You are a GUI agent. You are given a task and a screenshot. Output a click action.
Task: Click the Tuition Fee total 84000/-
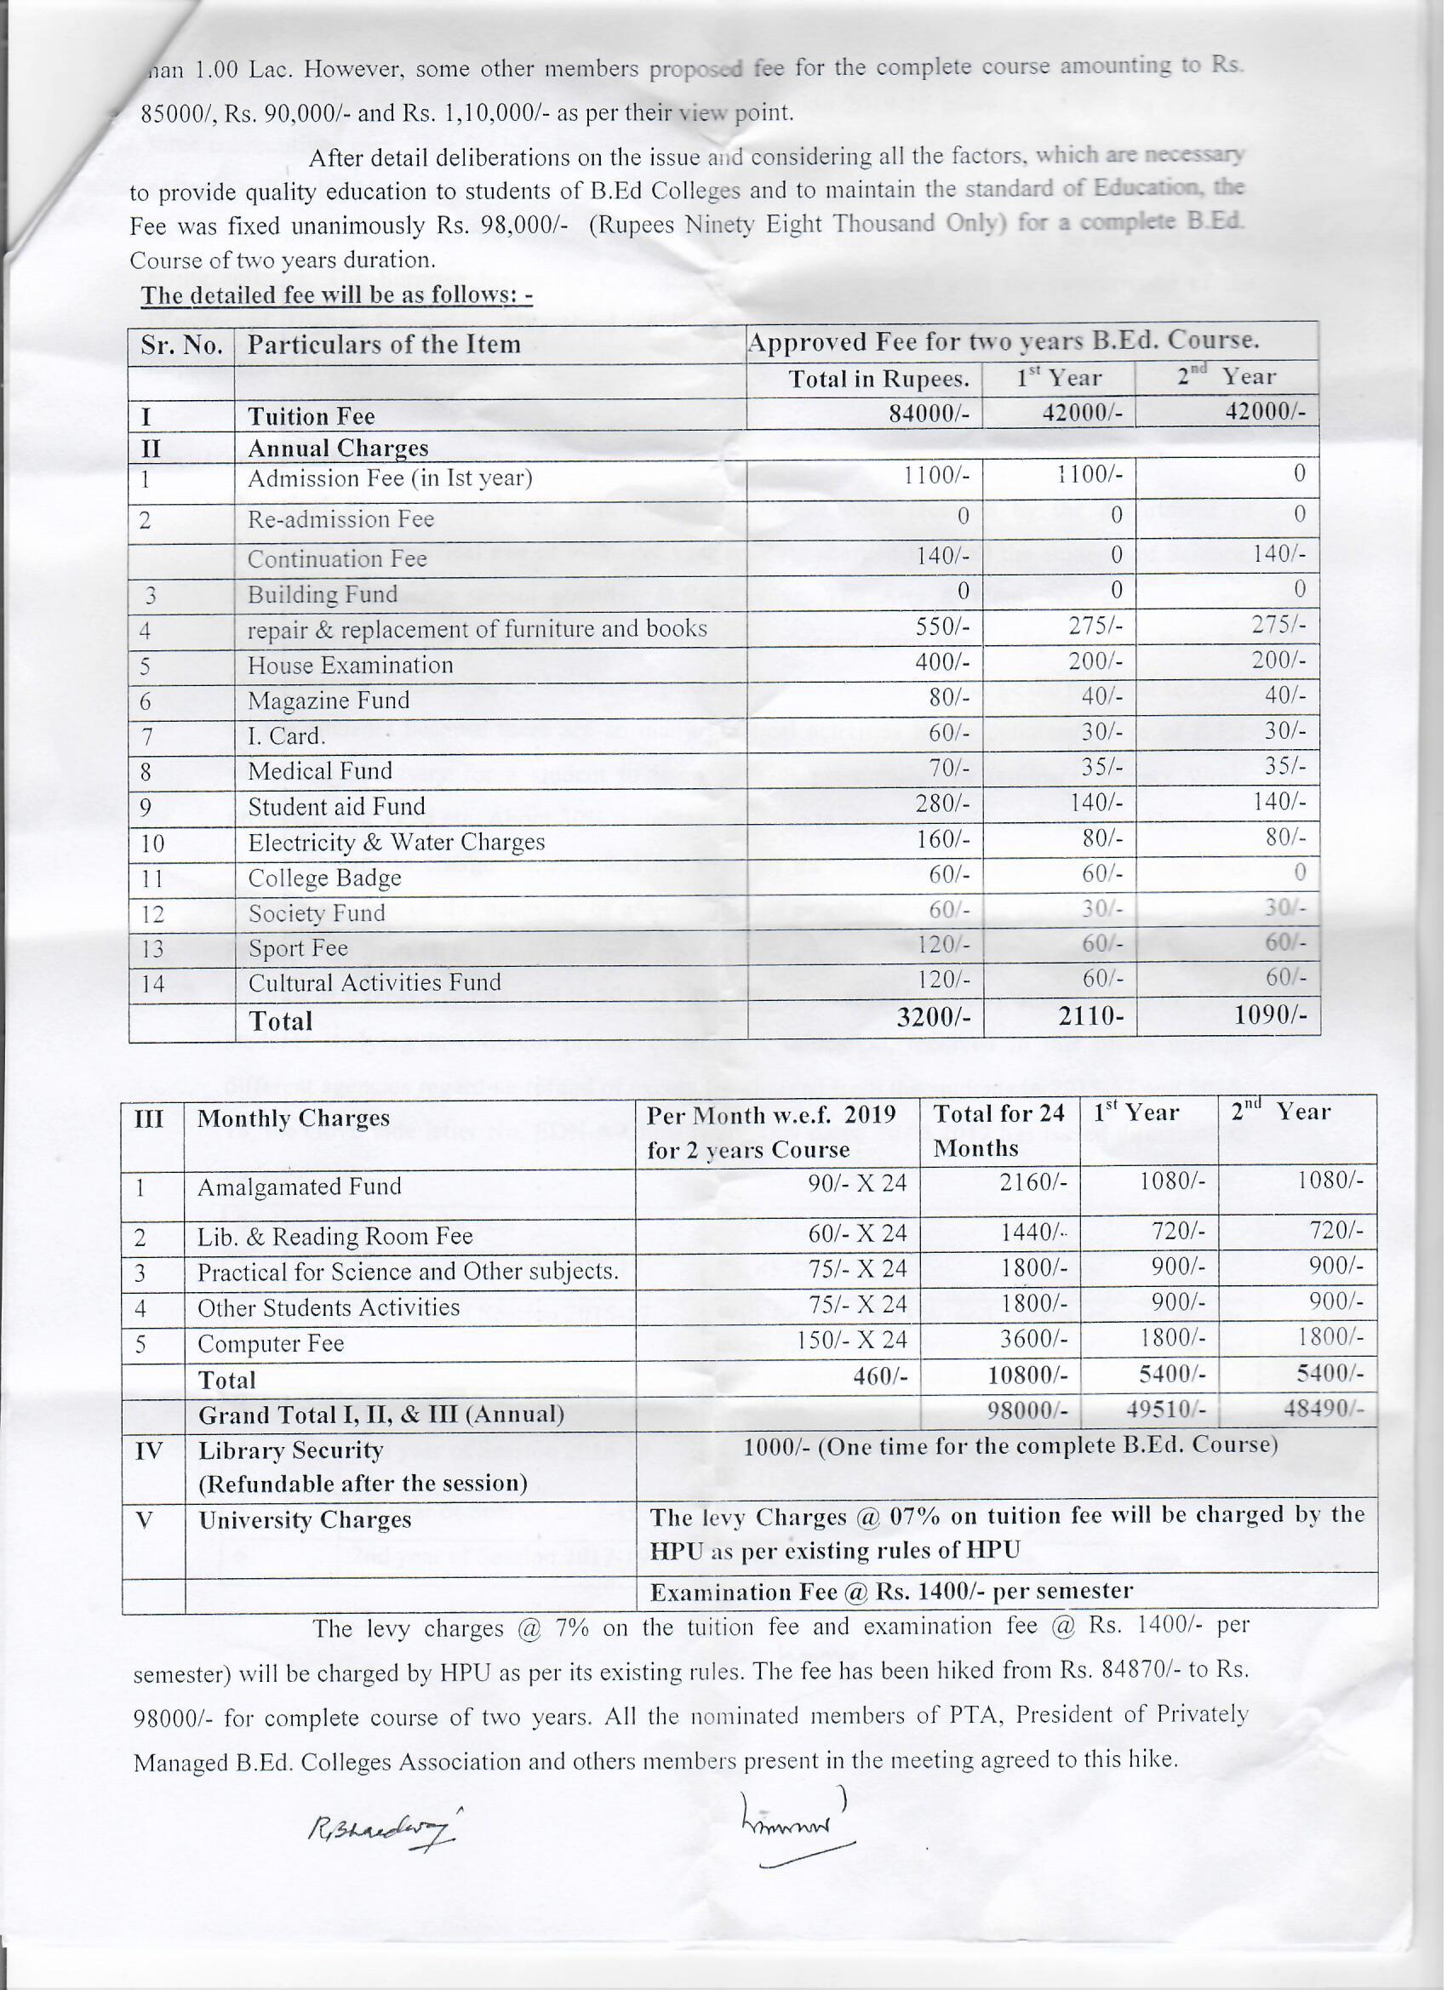click(x=929, y=414)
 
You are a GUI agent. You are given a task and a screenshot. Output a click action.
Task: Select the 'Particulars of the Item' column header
click(x=384, y=345)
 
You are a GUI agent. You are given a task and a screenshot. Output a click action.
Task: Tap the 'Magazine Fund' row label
click(x=329, y=701)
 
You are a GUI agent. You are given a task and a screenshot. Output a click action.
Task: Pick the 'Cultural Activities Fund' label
click(x=374, y=984)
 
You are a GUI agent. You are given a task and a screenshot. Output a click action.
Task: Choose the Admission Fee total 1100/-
click(x=936, y=476)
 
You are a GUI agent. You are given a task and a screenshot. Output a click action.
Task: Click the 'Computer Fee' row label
click(x=271, y=1344)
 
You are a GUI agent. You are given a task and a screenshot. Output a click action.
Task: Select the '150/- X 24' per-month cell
click(x=850, y=1341)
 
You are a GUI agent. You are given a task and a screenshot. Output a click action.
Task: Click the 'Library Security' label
click(x=290, y=1451)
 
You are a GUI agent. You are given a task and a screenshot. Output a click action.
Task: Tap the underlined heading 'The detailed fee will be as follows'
click(x=337, y=294)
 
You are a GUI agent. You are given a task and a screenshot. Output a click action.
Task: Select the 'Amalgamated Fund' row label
click(x=300, y=1187)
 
